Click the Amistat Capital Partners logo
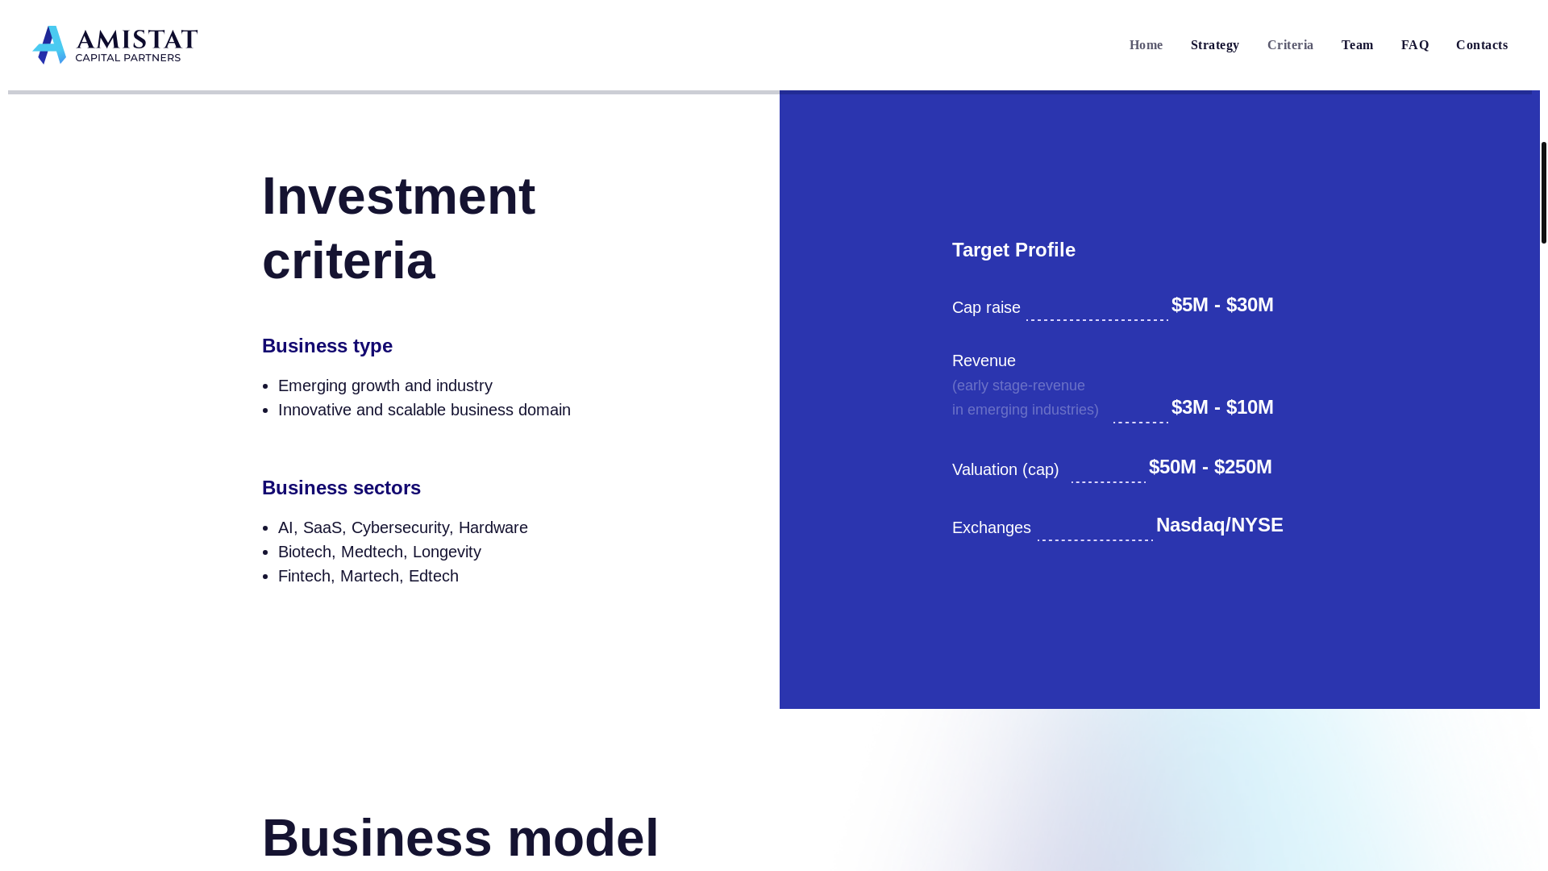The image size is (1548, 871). tap(115, 45)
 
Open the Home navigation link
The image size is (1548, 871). tap(1146, 45)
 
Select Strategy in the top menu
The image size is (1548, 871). tap(1214, 45)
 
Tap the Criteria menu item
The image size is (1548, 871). tap(1290, 45)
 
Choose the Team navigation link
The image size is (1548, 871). tap(1357, 45)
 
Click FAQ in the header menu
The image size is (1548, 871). tap(1415, 45)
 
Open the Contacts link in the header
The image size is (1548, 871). tap(1481, 45)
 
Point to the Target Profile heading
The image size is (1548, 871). tap(1013, 250)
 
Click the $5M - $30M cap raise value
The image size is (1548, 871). tap(1222, 305)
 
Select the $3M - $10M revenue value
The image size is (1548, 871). tap(1222, 407)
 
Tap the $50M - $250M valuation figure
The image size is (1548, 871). tap(1210, 467)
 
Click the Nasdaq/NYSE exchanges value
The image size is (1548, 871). tap(1219, 525)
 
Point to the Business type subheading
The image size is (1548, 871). tap(327, 346)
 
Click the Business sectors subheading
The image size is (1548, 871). tap(341, 488)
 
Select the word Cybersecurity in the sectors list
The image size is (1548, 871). tap(400, 527)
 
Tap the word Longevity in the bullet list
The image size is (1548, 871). tap(447, 552)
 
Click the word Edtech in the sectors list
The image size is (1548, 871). tap(434, 576)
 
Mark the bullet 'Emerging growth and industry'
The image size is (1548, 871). tap(385, 385)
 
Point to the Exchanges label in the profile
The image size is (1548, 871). tap(991, 527)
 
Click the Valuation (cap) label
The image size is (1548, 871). tap(1005, 469)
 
